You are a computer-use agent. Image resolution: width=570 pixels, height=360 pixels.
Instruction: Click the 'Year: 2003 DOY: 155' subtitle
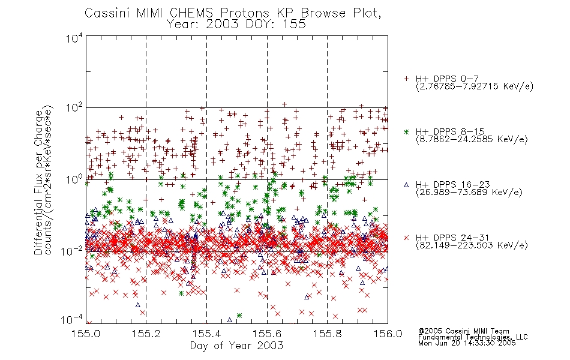coord(236,25)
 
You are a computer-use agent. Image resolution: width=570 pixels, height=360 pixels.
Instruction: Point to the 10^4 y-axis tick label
coord(74,38)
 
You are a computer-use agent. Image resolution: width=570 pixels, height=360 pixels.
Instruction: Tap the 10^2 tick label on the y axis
coord(74,109)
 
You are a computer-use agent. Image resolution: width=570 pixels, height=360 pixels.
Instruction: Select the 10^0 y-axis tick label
coord(74,179)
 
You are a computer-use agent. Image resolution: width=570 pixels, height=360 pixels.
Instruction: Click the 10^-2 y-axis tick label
coord(72,251)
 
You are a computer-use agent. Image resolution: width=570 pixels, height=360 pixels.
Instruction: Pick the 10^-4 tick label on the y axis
coord(72,320)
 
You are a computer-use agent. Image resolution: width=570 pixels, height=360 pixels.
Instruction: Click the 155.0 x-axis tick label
coord(86,334)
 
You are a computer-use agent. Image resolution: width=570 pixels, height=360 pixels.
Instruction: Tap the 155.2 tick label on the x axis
coord(146,334)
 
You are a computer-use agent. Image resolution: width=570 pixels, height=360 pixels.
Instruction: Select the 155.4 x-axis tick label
coord(206,334)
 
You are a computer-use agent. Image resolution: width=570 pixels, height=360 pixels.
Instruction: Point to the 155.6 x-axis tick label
coord(267,334)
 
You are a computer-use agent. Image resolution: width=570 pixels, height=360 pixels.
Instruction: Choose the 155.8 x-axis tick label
coord(327,334)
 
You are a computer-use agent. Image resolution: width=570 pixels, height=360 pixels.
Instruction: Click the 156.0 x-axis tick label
coord(388,334)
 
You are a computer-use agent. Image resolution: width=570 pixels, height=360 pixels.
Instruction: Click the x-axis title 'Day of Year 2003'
coord(236,346)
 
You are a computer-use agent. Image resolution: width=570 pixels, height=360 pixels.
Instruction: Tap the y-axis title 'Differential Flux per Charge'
coord(38,183)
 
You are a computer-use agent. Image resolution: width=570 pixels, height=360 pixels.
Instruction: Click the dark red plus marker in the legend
coord(406,79)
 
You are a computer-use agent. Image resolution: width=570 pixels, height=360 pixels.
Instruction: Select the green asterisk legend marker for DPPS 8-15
coord(406,131)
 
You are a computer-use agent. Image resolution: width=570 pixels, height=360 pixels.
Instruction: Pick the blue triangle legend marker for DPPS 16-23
coord(406,185)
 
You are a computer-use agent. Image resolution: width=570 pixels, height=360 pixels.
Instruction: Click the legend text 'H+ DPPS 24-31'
coord(452,238)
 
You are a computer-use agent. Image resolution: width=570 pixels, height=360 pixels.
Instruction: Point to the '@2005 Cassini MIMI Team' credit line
coord(463,331)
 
